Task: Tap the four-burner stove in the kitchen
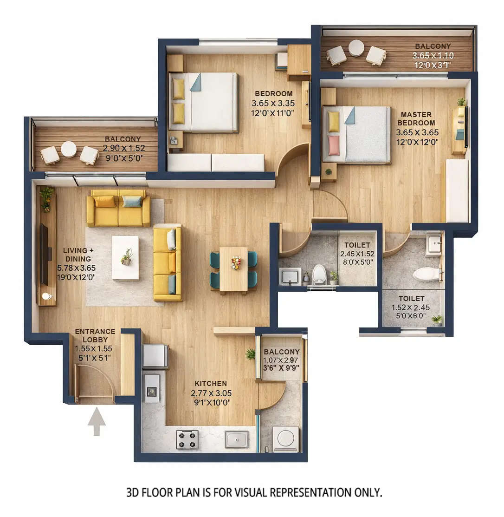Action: (187, 439)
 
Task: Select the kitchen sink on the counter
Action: (237, 439)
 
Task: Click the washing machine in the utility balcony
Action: (285, 439)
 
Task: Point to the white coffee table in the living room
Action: (125, 257)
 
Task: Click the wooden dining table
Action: (233, 270)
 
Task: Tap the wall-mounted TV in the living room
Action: (45, 255)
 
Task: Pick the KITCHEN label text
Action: (211, 384)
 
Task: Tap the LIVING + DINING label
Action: (78, 255)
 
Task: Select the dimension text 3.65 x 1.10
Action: (433, 55)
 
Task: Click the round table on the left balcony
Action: (69, 149)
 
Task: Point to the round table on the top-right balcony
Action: (356, 48)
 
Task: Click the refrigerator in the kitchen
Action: (155, 356)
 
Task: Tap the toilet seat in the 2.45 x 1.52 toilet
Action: (319, 275)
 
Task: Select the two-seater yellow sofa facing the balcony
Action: (118, 208)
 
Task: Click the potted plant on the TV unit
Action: (46, 197)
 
